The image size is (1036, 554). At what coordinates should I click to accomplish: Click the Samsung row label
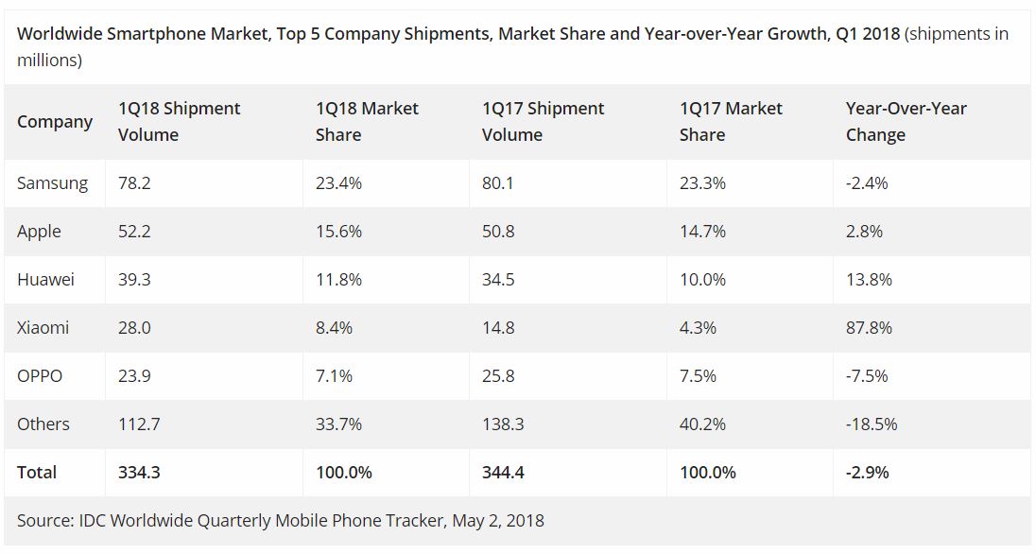(52, 183)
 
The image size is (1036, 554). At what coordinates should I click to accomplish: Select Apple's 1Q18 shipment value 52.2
(134, 232)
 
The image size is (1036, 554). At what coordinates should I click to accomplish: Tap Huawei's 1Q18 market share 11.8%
(338, 280)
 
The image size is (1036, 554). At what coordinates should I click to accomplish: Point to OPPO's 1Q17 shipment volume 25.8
(498, 376)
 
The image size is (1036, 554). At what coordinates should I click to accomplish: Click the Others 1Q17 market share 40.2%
(702, 424)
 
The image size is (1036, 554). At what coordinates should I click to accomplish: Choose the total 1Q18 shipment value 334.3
(139, 473)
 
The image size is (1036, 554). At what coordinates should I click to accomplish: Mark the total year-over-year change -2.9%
(867, 473)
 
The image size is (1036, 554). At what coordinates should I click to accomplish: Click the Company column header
(55, 122)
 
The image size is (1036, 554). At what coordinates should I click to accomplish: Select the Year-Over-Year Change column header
(906, 122)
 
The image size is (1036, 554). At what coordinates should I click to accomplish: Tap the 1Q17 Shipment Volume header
(544, 122)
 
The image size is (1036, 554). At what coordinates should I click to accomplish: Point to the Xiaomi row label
(43, 328)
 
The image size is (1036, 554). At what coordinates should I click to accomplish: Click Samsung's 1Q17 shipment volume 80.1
(498, 183)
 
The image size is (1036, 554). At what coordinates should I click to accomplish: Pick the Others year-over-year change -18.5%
(872, 424)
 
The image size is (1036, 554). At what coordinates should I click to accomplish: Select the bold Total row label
(37, 473)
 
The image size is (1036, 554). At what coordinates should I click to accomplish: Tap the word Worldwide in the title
(60, 34)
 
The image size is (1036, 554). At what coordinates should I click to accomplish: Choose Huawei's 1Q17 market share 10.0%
(702, 280)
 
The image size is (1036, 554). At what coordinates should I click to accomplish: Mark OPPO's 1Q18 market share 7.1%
(334, 376)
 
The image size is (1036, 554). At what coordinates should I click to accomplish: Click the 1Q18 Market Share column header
(367, 122)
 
